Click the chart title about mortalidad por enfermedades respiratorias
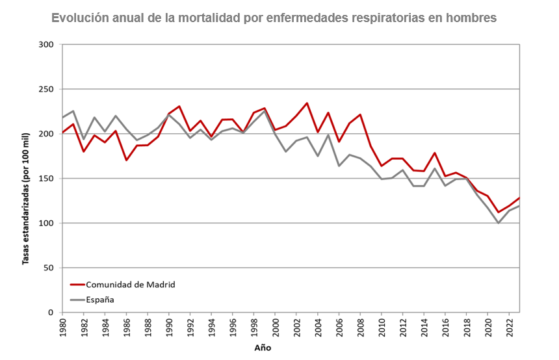[x=274, y=18]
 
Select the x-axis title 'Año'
[x=263, y=348]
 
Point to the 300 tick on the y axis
[x=45, y=45]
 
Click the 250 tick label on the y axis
[x=45, y=90]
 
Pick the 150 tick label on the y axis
[x=45, y=179]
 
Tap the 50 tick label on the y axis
[x=47, y=268]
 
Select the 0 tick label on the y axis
[x=50, y=313]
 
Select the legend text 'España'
[x=100, y=300]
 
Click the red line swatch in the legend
[x=77, y=285]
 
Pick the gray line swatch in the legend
[x=77, y=300]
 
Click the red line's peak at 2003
[x=307, y=103]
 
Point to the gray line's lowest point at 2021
[x=498, y=223]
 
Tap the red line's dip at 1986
[x=127, y=160]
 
